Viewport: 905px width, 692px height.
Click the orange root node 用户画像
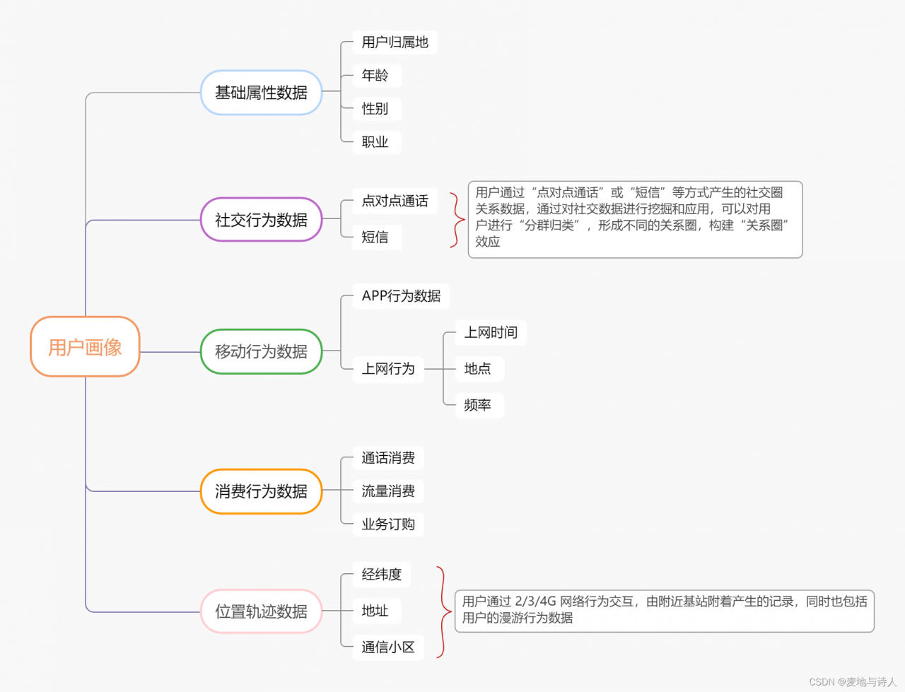tap(85, 346)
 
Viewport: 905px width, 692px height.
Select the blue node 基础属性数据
tap(261, 93)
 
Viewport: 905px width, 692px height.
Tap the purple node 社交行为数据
tap(261, 220)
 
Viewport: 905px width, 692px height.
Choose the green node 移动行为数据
tap(261, 351)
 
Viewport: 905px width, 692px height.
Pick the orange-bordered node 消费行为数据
tap(261, 491)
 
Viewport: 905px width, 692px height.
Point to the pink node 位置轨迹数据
tap(261, 611)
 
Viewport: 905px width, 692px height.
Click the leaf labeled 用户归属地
tap(395, 42)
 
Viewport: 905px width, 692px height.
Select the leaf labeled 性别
tap(375, 109)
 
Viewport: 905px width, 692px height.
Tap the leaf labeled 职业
tap(375, 142)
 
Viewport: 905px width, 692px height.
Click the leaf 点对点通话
tap(395, 201)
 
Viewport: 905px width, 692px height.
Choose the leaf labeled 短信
tap(375, 237)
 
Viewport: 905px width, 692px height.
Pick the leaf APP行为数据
tap(401, 296)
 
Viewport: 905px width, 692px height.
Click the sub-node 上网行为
tap(388, 369)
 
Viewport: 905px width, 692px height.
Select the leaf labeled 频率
tap(478, 405)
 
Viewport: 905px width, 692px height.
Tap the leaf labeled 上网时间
tap(491, 333)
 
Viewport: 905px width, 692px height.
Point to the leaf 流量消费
tap(388, 491)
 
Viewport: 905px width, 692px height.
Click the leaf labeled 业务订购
tap(388, 524)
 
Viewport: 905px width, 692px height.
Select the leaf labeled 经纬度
tap(382, 575)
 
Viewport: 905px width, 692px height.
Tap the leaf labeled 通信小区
tap(388, 647)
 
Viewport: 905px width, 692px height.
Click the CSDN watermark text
tap(853, 682)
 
